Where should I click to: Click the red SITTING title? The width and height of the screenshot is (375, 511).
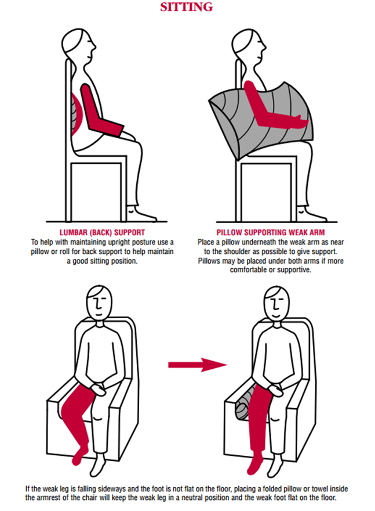(x=187, y=6)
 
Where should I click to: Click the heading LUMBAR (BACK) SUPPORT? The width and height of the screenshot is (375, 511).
(x=102, y=232)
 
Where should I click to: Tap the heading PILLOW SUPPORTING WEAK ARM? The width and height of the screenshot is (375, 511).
(x=271, y=232)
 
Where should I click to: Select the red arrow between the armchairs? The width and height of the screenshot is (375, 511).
(x=198, y=365)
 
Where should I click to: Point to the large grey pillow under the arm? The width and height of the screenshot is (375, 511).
(x=260, y=121)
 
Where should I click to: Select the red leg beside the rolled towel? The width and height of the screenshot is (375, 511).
(x=259, y=427)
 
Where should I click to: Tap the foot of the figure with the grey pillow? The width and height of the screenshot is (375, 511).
(x=312, y=214)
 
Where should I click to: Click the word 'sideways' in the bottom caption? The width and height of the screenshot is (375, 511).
(x=111, y=489)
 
